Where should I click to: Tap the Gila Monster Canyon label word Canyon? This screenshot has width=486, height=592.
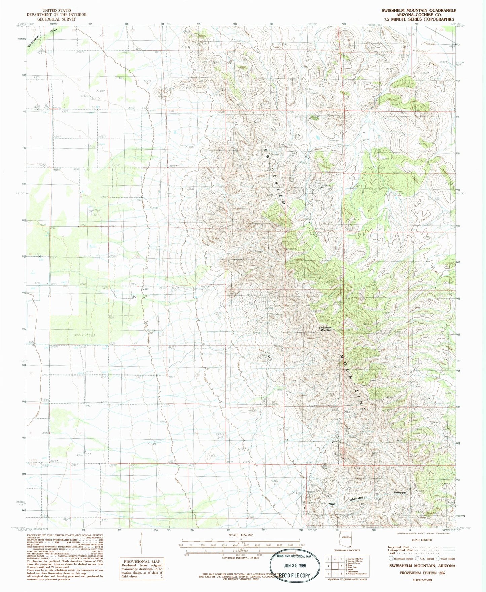coord(400,493)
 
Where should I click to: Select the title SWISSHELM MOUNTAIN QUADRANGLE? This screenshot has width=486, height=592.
coord(419,11)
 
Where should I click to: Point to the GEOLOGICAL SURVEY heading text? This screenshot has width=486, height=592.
coord(57,19)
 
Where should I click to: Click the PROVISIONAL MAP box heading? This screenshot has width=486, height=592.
coord(142,561)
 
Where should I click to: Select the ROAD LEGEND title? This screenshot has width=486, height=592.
coord(421,540)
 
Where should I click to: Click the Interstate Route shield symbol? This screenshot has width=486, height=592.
coord(391,558)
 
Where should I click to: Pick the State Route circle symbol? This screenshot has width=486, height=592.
coord(438,558)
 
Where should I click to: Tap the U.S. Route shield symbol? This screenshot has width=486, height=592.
coord(417,558)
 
